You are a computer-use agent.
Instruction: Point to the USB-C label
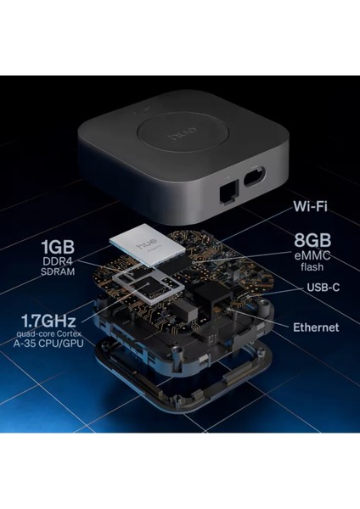coord(323,288)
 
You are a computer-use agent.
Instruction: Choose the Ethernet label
coord(315,327)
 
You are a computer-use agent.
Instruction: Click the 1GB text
coord(62,249)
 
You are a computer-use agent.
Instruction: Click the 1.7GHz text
coord(50,322)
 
